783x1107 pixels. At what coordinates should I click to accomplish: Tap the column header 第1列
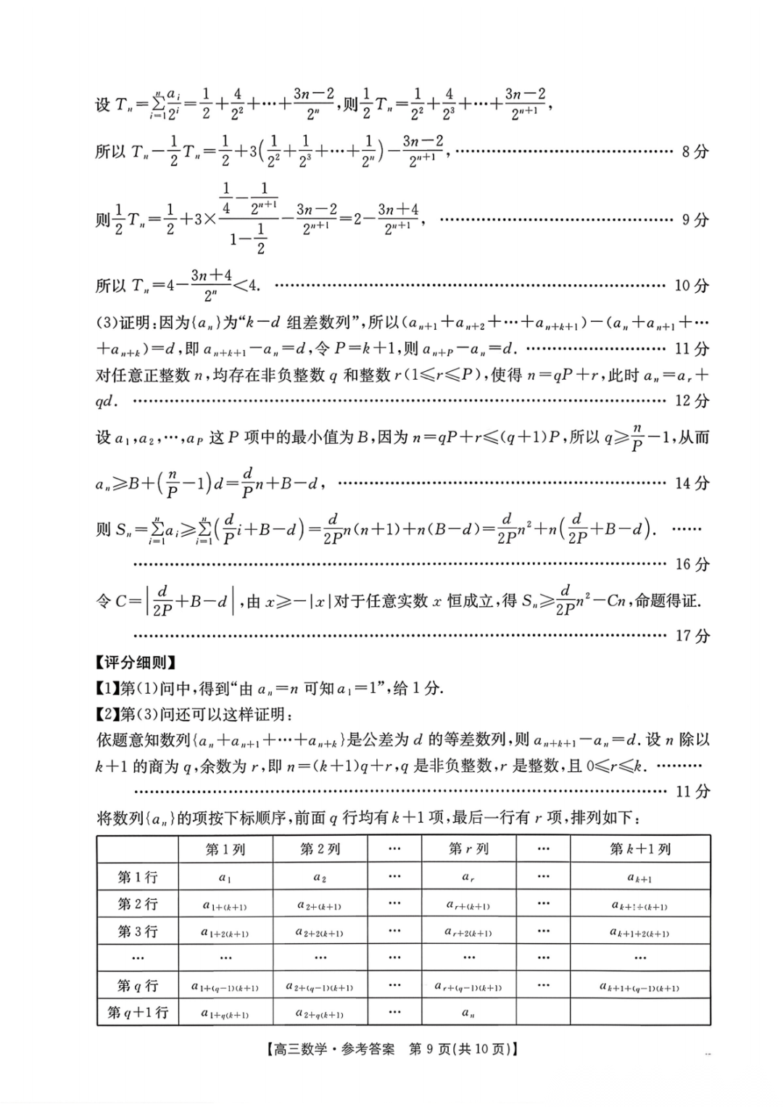(x=225, y=849)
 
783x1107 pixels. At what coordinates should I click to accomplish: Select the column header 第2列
(x=320, y=849)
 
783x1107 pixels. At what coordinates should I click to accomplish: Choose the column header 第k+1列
(x=640, y=849)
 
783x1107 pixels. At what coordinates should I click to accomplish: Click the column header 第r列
(x=469, y=849)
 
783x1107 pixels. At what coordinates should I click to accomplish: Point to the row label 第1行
(x=138, y=877)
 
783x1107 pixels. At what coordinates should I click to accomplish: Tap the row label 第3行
(x=138, y=932)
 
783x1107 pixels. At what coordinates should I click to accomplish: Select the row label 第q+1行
(x=138, y=1013)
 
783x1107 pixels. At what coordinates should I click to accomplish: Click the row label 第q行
(x=138, y=986)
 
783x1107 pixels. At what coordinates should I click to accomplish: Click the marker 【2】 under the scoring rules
(x=107, y=715)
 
